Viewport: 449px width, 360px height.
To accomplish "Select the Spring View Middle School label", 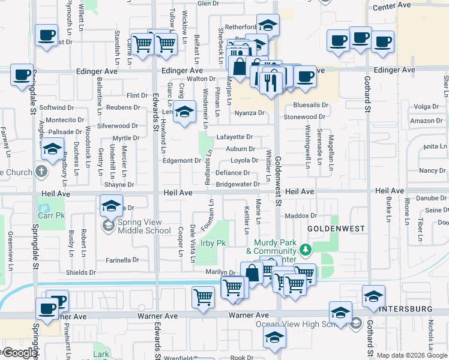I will [144, 226].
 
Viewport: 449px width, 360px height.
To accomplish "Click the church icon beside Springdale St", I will [41, 173].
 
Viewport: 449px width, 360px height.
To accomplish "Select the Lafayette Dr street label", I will [235, 137].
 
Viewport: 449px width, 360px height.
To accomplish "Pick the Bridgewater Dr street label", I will [238, 184].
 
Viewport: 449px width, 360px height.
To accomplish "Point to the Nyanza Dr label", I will [249, 113].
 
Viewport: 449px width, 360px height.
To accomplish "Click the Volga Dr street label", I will [427, 107].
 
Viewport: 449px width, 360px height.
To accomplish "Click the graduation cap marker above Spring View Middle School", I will [111, 206].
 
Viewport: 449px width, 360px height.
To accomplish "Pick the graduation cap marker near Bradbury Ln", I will [53, 148].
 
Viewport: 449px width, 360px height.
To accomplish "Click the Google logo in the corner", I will [19, 353].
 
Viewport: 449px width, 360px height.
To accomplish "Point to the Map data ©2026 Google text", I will [412, 355].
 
